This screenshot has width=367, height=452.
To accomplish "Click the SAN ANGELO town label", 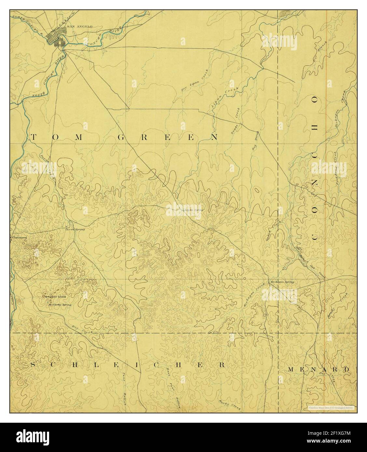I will (75, 26).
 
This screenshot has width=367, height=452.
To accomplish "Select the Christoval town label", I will (19, 237).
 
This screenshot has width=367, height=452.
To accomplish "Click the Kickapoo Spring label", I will (282, 282).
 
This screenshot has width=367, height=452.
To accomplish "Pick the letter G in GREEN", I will (120, 138).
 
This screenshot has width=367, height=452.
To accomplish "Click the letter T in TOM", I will (33, 138).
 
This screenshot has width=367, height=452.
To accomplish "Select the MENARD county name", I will (318, 369).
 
